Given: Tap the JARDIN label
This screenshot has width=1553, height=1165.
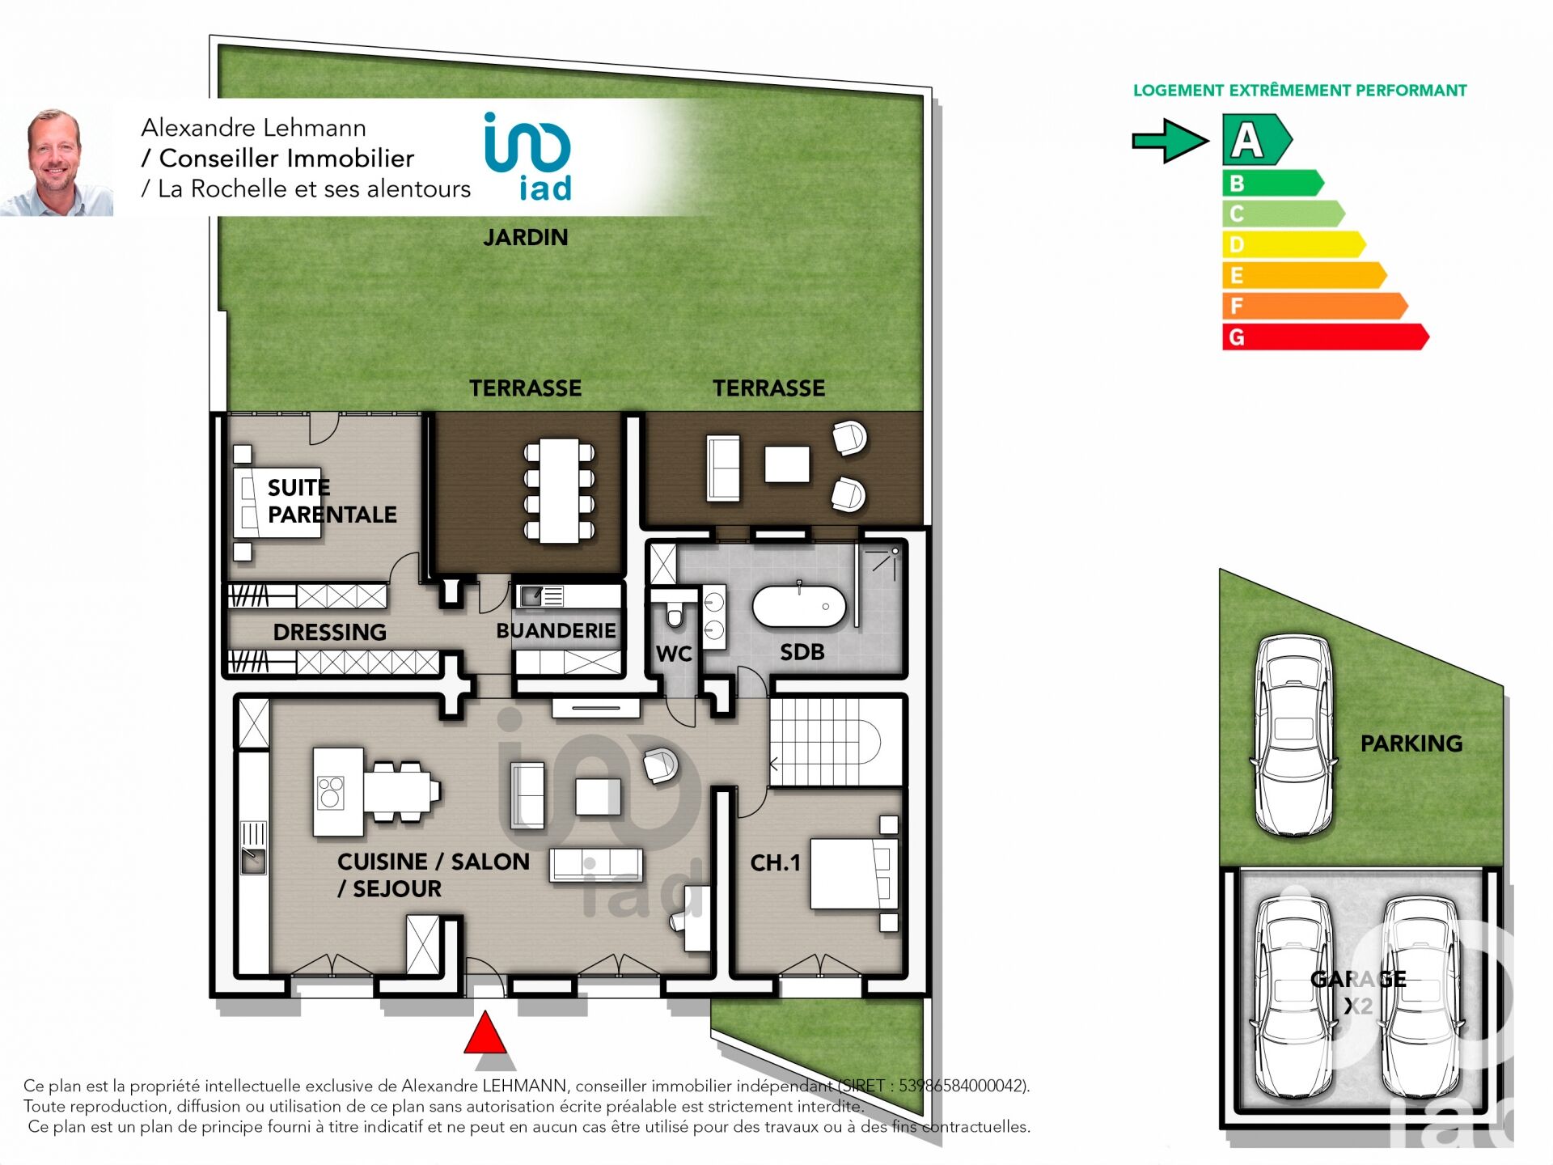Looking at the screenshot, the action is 526,238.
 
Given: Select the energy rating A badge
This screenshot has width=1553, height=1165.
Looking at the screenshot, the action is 1256,140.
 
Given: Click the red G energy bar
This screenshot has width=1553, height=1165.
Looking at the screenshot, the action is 1325,337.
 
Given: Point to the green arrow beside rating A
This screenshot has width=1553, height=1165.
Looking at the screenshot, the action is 1170,141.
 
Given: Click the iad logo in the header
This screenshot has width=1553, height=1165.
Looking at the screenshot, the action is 528,156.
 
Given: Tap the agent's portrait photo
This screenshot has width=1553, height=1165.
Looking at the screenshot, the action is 57,162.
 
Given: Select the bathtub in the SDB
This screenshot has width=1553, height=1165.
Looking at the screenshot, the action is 799,606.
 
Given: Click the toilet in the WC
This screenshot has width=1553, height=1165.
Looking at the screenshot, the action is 675,612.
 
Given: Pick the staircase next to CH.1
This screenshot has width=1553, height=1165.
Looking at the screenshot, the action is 835,741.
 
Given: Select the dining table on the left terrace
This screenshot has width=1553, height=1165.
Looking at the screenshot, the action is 560,491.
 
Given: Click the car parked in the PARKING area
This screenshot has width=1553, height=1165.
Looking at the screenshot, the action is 1293,735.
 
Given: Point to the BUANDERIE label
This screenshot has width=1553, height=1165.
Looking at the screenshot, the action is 556,631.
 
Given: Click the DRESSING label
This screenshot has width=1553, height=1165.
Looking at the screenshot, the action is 330,633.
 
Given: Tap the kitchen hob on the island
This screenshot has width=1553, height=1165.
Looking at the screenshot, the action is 330,793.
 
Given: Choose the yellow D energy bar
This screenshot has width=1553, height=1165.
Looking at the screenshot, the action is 1293,244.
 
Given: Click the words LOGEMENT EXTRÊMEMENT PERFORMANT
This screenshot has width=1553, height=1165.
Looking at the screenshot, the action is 1300,91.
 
